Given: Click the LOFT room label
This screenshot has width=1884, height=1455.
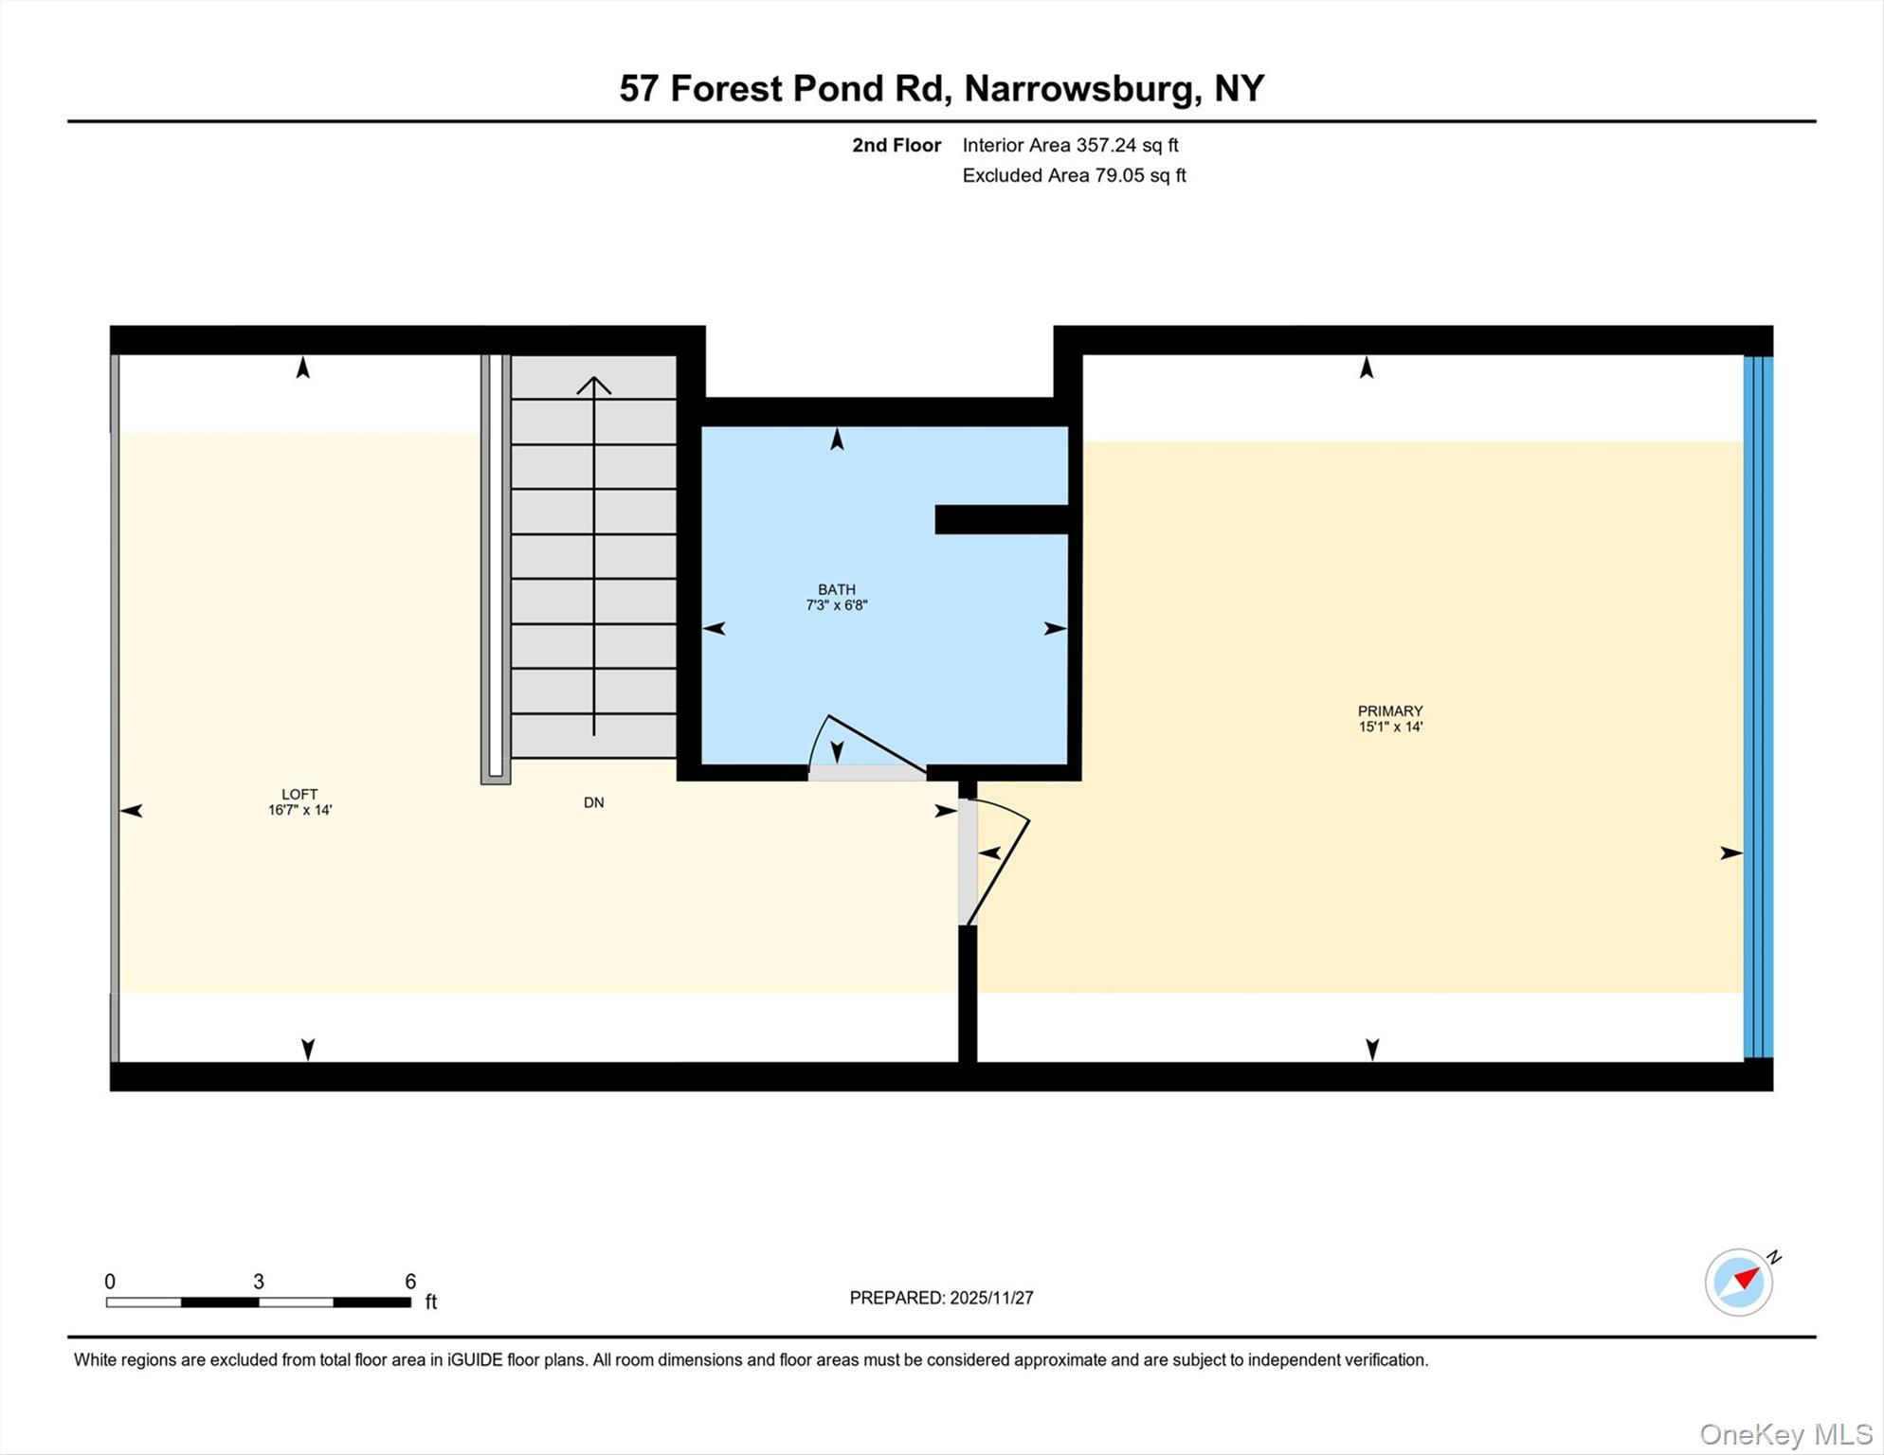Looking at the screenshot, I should click(x=299, y=795).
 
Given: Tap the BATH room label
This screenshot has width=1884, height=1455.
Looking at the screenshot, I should click(x=837, y=589).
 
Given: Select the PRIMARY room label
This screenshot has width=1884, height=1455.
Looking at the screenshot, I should click(x=1390, y=710).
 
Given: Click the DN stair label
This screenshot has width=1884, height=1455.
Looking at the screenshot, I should click(x=593, y=802).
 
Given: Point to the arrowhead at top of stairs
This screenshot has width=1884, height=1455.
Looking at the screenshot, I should click(x=594, y=384).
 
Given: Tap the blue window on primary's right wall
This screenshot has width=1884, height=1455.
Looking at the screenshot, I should click(x=1758, y=706).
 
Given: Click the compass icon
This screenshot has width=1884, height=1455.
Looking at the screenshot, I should click(x=1739, y=1283).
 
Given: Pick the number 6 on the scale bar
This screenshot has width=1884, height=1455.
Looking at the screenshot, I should click(x=410, y=1282).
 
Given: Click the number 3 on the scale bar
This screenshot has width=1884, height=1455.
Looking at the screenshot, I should click(x=259, y=1282).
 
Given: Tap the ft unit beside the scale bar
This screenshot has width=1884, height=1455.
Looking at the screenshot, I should click(x=431, y=1302).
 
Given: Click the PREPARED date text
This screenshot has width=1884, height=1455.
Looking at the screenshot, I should click(x=941, y=1298).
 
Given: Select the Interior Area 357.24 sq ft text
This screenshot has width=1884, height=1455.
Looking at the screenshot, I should click(x=1070, y=145).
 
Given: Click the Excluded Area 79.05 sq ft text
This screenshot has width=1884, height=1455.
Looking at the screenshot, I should click(x=1074, y=175).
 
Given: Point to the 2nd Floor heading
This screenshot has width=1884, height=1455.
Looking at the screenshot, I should click(x=896, y=145).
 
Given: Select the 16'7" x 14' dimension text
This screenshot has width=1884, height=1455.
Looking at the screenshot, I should click(x=299, y=811).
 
